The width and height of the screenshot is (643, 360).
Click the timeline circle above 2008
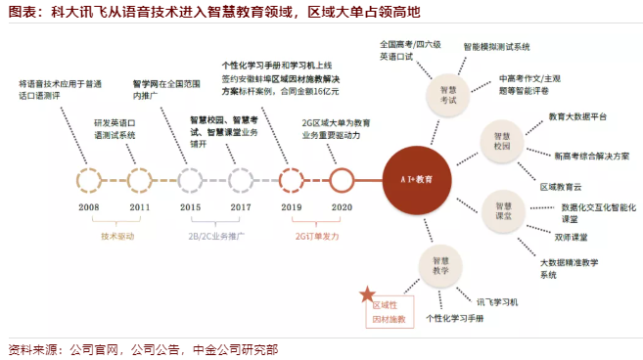[77, 180]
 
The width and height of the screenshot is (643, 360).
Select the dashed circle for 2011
[127, 180]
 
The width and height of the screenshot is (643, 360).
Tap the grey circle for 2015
[178, 180]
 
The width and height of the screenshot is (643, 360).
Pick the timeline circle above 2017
[229, 180]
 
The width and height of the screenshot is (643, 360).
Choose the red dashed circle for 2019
[280, 180]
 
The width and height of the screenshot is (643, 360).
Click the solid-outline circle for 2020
[330, 180]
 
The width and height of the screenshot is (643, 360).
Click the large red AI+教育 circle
[417, 180]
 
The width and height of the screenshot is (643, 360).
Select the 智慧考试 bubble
[448, 95]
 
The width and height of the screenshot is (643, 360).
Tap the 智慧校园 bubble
[501, 141]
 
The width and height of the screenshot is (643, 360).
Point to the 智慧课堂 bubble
[503, 210]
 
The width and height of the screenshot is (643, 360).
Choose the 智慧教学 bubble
[440, 266]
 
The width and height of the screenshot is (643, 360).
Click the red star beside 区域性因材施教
[367, 294]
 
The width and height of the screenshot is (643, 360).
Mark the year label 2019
[291, 207]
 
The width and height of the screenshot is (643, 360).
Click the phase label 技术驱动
[117, 237]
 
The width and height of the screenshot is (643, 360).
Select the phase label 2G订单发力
[317, 237]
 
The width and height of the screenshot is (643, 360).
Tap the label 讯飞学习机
[497, 302]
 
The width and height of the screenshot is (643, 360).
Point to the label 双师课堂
[571, 238]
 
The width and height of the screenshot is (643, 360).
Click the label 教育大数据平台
[577, 116]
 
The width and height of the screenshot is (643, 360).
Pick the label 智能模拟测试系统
[496, 47]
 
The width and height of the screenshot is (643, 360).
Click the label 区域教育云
[561, 188]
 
